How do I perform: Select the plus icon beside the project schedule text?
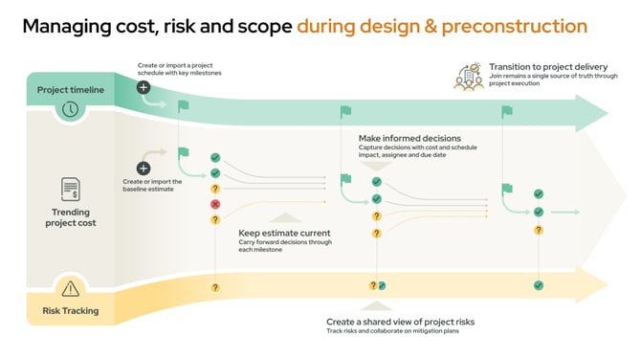click(x=144, y=87)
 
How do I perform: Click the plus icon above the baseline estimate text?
click(x=144, y=168)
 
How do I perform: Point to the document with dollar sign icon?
click(x=70, y=189)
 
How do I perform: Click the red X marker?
click(x=215, y=205)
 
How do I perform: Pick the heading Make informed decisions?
click(x=409, y=138)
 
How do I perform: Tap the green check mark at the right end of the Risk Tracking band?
click(x=539, y=285)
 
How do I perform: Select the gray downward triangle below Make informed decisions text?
click(x=376, y=166)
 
